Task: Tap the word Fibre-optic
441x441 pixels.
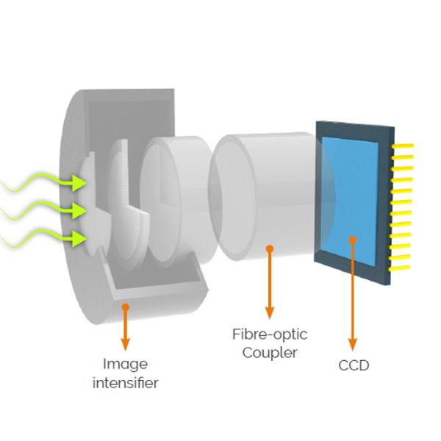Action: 270,335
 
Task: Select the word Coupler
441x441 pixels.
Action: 271,353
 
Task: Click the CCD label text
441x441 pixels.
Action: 354,365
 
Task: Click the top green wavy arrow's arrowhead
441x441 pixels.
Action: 79,183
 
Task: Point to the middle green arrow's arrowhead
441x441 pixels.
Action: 79,211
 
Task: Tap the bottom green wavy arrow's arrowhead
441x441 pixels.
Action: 79,238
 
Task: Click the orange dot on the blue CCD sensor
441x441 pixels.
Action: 353,239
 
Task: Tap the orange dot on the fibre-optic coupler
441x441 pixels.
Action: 270,248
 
